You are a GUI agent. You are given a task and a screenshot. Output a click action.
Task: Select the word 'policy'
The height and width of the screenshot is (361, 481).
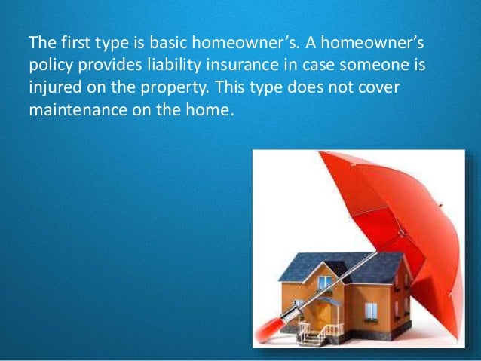(47, 66)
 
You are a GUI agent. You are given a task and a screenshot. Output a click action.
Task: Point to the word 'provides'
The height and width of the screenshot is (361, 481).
(104, 66)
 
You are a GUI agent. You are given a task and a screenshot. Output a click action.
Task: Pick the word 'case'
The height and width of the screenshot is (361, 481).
(309, 66)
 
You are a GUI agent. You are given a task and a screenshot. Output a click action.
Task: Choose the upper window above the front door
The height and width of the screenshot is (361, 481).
(325, 283)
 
